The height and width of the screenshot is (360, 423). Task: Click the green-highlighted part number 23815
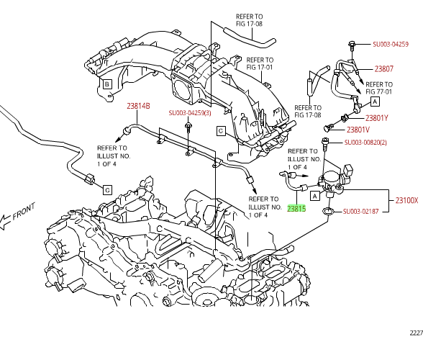[x=296, y=209]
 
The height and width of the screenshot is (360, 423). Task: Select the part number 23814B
[x=138, y=106]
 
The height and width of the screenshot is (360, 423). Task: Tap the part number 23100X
[x=406, y=200]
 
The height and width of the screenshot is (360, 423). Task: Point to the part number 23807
[x=384, y=69]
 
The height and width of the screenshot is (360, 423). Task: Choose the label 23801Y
[x=377, y=118]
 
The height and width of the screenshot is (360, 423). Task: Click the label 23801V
[x=358, y=130]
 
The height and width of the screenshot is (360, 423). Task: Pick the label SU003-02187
[x=360, y=212]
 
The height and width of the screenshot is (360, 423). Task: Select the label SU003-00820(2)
[x=365, y=143]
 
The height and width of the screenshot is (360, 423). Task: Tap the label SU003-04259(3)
[x=190, y=113]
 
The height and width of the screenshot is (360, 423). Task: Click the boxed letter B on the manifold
[x=107, y=84]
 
